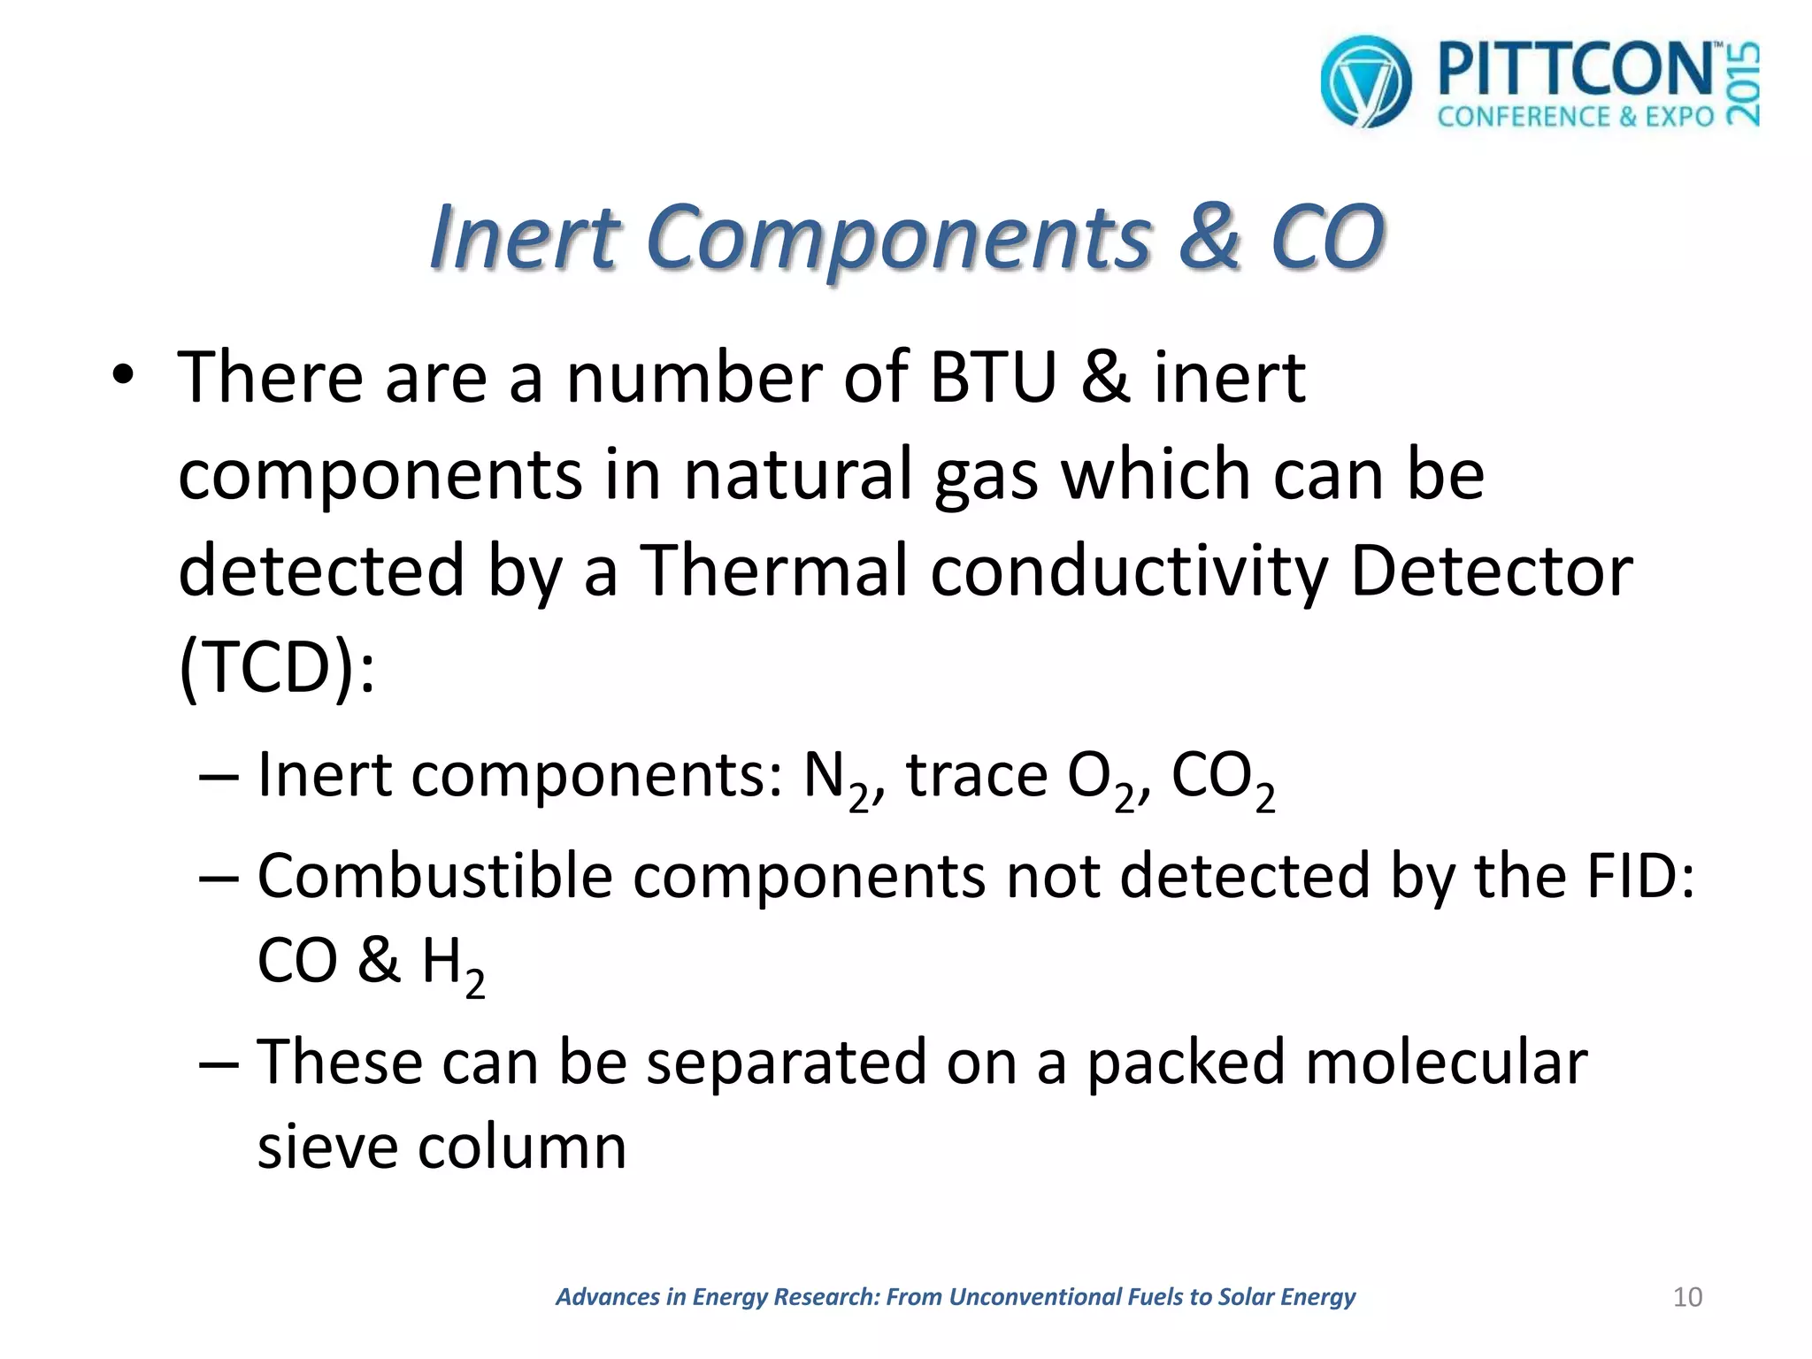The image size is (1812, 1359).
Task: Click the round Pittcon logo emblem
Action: (1365, 81)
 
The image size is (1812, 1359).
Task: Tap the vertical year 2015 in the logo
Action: (1742, 85)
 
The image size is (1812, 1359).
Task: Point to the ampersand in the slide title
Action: (1213, 236)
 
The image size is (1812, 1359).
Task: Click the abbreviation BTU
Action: (994, 378)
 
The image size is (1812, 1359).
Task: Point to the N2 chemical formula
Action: (836, 779)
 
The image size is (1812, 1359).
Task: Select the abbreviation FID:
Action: (1640, 876)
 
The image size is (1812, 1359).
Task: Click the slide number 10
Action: (1687, 1297)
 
